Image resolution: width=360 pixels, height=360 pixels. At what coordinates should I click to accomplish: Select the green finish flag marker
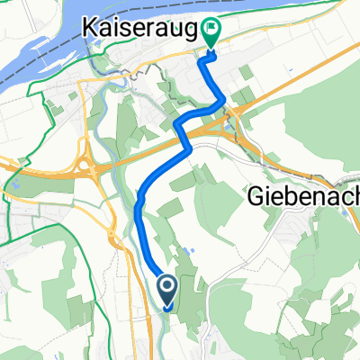click(211, 33)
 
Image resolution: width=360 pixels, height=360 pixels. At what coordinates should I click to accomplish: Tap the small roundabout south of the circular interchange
click(113, 240)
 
